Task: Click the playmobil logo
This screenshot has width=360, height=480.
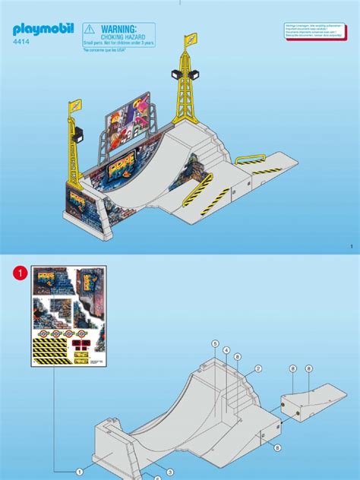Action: pos(43,31)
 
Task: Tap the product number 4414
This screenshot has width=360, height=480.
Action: pos(23,44)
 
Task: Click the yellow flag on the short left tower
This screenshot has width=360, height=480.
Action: pos(76,107)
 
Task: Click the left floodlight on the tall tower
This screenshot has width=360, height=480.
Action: pos(177,73)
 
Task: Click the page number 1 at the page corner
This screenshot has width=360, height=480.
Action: pos(352,246)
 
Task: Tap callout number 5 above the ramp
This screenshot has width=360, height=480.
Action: pos(216,344)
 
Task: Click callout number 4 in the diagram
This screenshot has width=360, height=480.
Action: pos(226,350)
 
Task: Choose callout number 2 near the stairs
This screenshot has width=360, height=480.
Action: pos(258,369)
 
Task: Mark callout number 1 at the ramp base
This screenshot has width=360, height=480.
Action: pos(79,472)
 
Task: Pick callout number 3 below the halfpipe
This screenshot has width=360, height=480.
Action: pos(169,472)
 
